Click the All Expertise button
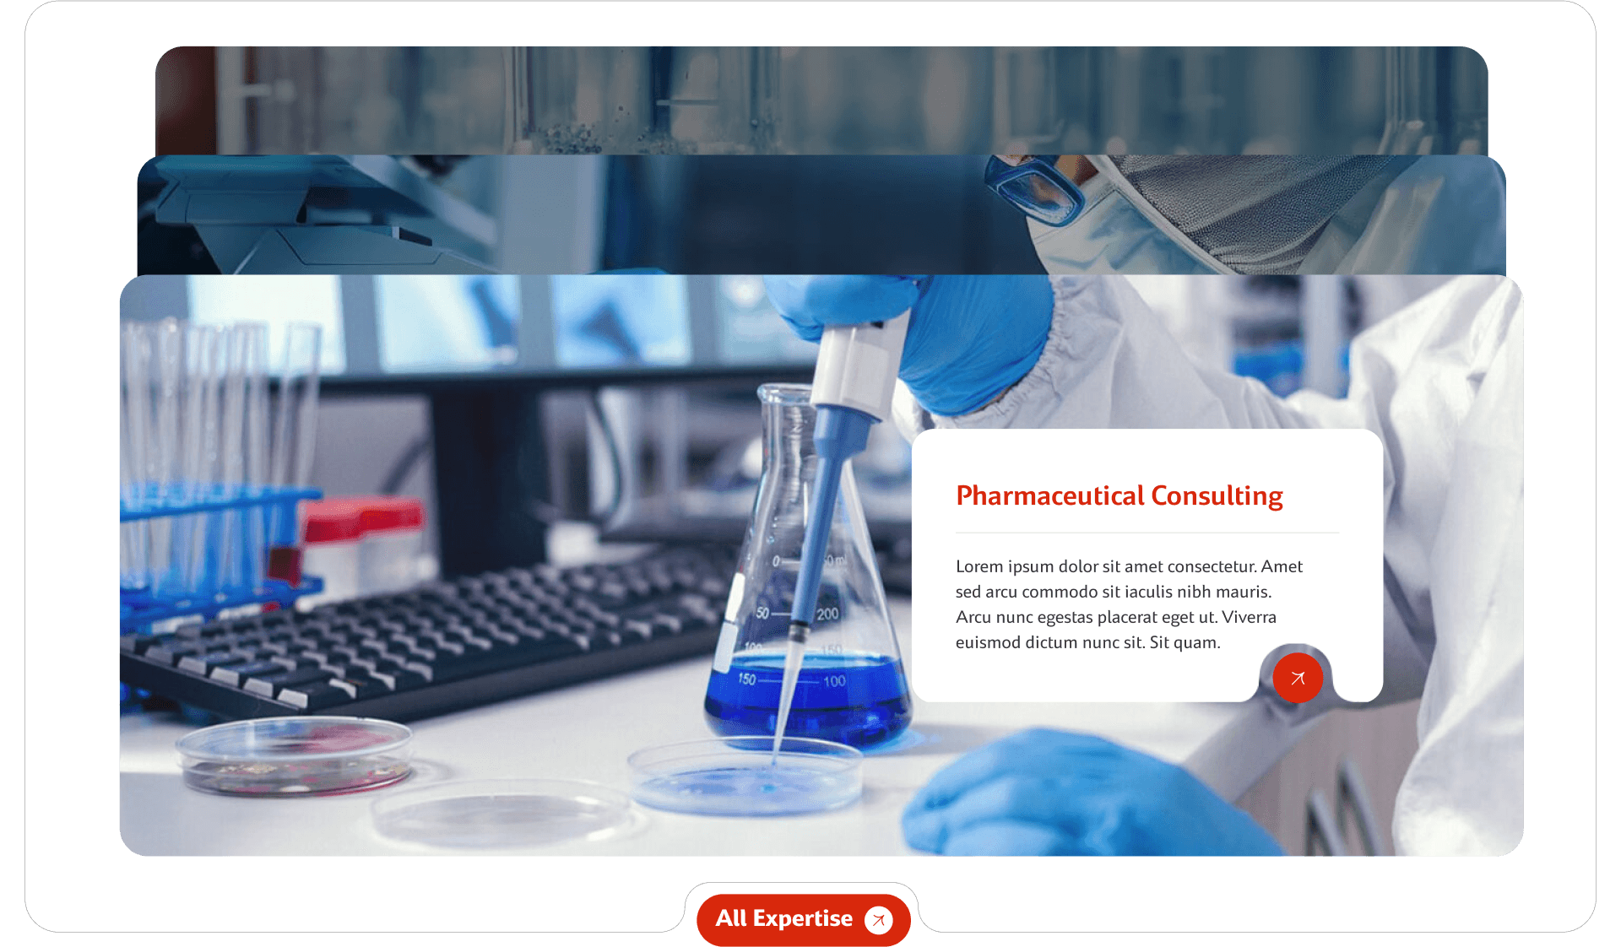[x=783, y=918]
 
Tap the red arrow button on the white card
[x=1298, y=678]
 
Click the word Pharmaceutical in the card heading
[x=1049, y=495]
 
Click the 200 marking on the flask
[x=827, y=614]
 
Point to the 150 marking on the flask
[x=746, y=679]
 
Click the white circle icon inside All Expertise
[x=879, y=919]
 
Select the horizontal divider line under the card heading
[x=1147, y=533]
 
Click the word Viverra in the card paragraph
[x=1249, y=617]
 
